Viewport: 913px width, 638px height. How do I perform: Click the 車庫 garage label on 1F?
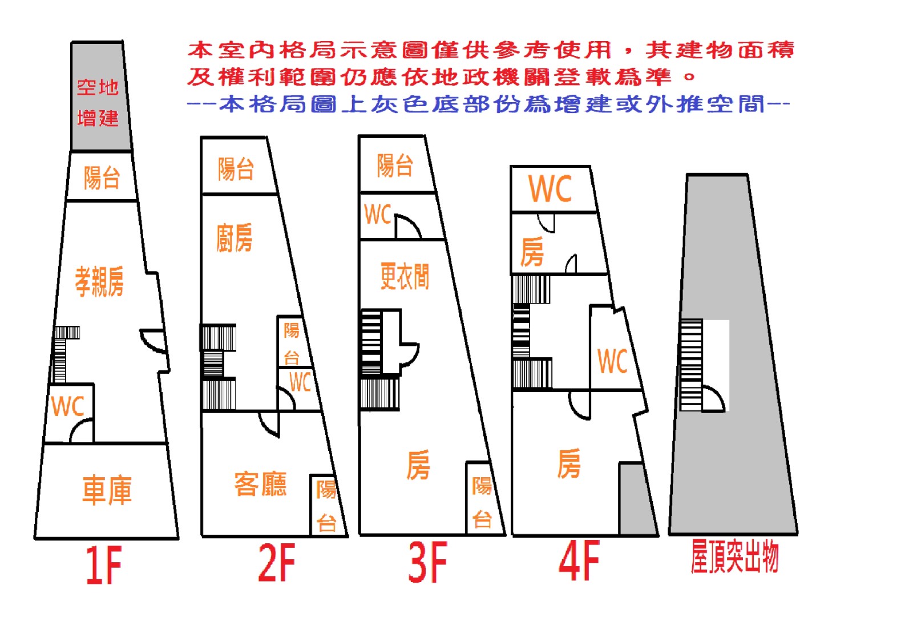coord(107,490)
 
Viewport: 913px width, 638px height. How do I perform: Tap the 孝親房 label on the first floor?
coord(99,281)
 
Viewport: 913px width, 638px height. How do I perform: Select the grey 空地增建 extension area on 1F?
coord(100,96)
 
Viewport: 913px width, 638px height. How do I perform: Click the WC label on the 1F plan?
coord(68,406)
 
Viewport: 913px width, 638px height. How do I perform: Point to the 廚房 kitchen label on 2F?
coord(235,237)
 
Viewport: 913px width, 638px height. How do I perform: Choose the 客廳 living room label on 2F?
coord(260,484)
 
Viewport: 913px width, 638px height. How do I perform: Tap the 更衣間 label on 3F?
coord(405,276)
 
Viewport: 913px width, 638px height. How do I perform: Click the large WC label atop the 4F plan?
coord(550,189)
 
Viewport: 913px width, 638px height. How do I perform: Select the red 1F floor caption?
coord(104,566)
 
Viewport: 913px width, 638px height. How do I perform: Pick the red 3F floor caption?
coord(428,563)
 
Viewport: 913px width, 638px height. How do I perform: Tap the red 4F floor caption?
coord(579,560)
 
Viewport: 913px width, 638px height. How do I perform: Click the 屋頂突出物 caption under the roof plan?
coord(735,556)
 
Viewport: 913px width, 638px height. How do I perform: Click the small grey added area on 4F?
coord(637,499)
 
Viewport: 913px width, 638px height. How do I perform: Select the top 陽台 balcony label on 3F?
coord(395,165)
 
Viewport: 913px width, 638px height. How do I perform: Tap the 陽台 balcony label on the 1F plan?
coord(102,177)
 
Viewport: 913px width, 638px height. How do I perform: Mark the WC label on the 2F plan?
coord(300,382)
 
